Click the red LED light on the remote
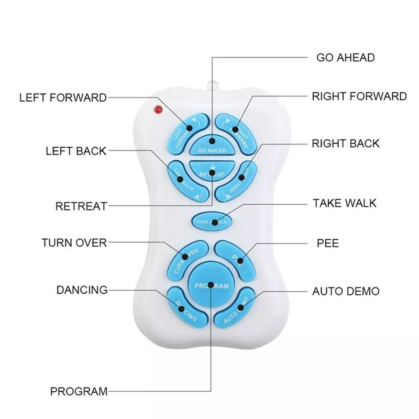tap(157, 109)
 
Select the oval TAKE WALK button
tap(212, 221)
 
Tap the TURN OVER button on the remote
tap(184, 257)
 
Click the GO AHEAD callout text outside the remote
tap(345, 57)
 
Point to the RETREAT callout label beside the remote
tap(81, 206)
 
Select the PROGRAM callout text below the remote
tap(79, 391)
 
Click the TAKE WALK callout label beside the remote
tap(344, 203)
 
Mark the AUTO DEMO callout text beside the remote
tap(346, 291)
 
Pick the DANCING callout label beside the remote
tap(82, 290)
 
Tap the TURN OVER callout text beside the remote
tap(74, 242)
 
